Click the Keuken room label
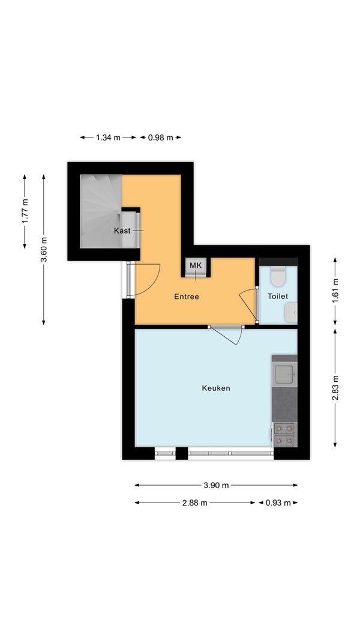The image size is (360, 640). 215,388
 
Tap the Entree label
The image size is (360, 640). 187,297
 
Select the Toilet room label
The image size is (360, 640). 278,297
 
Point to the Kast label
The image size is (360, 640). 122,231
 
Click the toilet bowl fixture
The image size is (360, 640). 278,276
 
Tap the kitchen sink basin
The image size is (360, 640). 284,374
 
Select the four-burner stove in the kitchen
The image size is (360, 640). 284,434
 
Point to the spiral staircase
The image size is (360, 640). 101,211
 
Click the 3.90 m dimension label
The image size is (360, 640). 216,485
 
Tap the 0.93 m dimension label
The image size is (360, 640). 278,503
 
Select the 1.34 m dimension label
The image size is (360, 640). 108,137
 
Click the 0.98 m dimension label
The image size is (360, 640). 160,137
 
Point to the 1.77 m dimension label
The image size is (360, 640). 25,211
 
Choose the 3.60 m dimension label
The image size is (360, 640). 44,249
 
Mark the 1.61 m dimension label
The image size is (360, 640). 335,291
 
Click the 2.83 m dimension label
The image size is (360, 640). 335,388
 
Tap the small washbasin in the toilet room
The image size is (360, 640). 291,313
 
